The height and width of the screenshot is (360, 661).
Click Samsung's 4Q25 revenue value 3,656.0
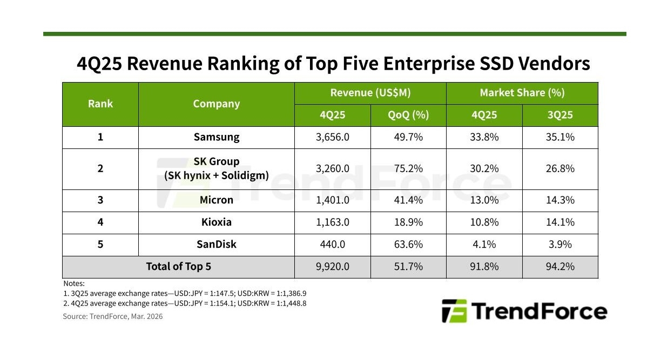pyautogui.click(x=332, y=137)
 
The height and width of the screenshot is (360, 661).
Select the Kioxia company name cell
pyautogui.click(x=217, y=222)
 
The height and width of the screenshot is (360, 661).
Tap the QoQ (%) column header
pyautogui.click(x=408, y=115)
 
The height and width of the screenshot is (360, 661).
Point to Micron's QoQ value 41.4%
pyautogui.click(x=408, y=200)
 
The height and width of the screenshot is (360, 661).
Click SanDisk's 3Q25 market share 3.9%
pyautogui.click(x=560, y=244)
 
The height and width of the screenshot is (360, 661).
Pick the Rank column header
pyautogui.click(x=100, y=104)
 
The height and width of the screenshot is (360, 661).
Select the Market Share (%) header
pyautogui.click(x=522, y=93)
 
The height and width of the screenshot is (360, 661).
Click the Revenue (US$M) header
pyautogui.click(x=370, y=93)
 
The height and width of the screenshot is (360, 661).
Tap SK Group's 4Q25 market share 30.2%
pyautogui.click(x=484, y=168)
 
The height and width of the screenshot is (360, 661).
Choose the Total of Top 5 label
pyautogui.click(x=179, y=267)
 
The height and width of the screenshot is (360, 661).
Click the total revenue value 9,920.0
pyautogui.click(x=332, y=267)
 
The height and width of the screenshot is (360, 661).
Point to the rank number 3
pyautogui.click(x=100, y=200)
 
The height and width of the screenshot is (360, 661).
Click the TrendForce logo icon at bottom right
pyautogui.click(x=454, y=311)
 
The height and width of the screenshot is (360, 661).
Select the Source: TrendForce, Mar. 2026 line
pyautogui.click(x=113, y=316)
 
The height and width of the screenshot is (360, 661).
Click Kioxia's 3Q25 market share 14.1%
pyautogui.click(x=560, y=222)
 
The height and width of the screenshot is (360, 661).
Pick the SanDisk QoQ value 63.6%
pyautogui.click(x=408, y=244)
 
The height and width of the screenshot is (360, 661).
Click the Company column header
pyautogui.click(x=217, y=104)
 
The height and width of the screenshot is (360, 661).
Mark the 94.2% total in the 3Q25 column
pyautogui.click(x=560, y=267)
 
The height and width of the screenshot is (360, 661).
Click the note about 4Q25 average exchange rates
pyautogui.click(x=185, y=303)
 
